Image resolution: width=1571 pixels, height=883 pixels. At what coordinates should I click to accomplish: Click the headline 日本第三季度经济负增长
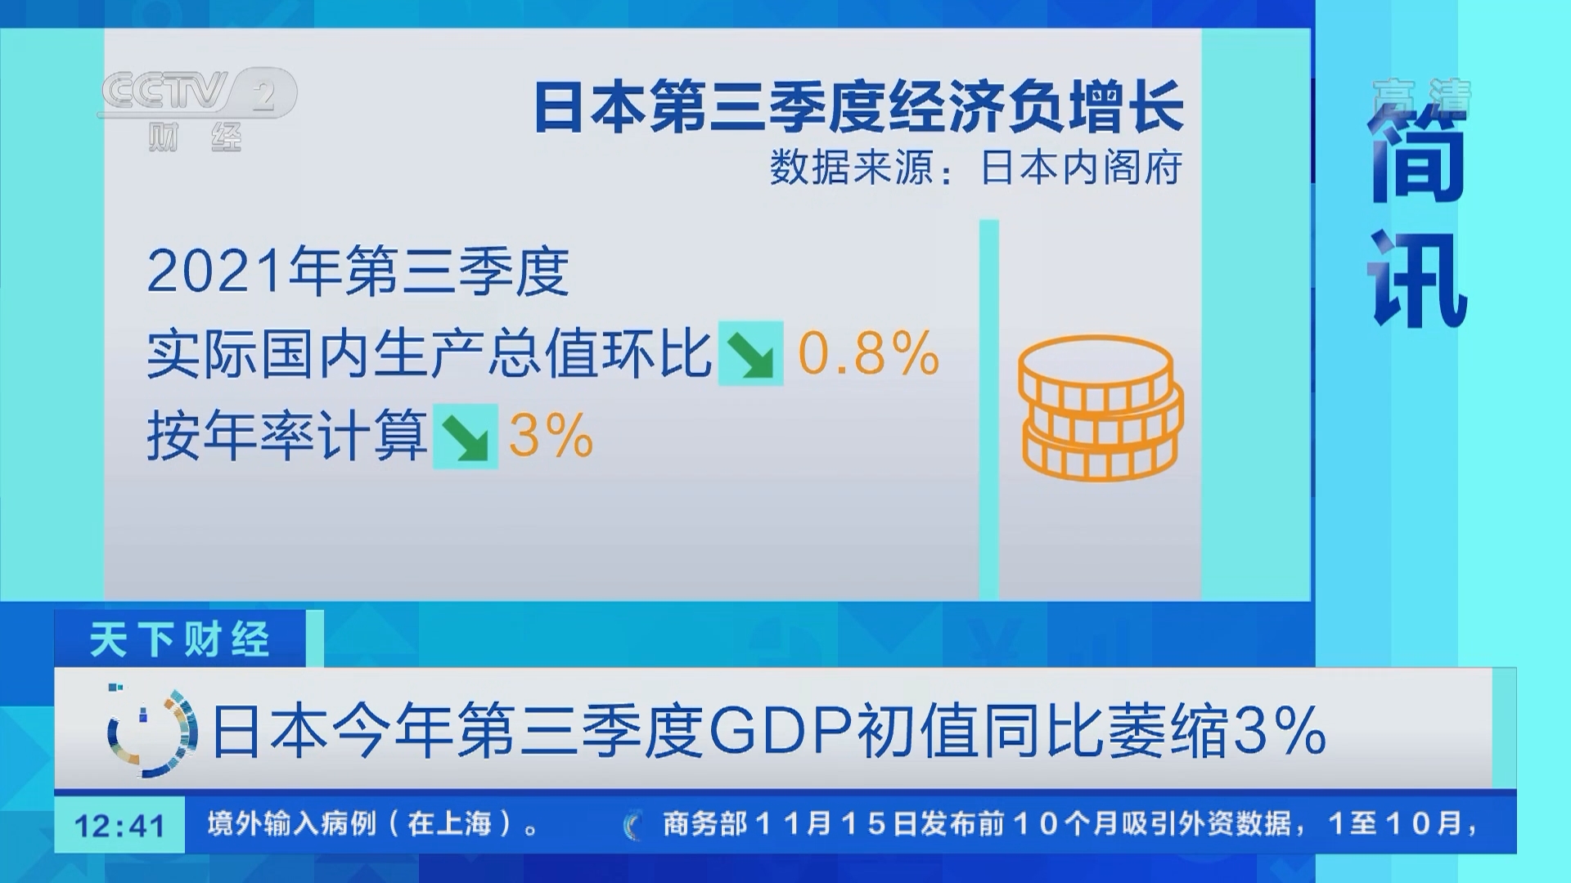(858, 107)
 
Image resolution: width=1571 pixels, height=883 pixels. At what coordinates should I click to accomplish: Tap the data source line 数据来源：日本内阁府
(975, 168)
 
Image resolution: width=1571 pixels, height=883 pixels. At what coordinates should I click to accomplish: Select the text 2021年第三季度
(358, 271)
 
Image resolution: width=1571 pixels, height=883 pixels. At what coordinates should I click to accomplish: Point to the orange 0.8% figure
(868, 353)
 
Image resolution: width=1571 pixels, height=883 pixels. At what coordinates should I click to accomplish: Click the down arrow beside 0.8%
(750, 354)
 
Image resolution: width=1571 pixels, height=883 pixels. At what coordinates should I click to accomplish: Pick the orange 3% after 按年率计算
(551, 436)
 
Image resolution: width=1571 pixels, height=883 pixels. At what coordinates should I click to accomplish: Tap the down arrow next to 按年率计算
(465, 437)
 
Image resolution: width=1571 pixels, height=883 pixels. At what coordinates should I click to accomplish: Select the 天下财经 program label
(180, 639)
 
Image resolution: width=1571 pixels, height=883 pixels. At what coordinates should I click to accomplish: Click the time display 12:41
(119, 825)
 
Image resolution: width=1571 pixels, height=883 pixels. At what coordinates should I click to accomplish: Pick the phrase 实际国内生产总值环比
(429, 354)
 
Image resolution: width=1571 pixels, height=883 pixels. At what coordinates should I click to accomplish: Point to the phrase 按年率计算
(286, 436)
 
